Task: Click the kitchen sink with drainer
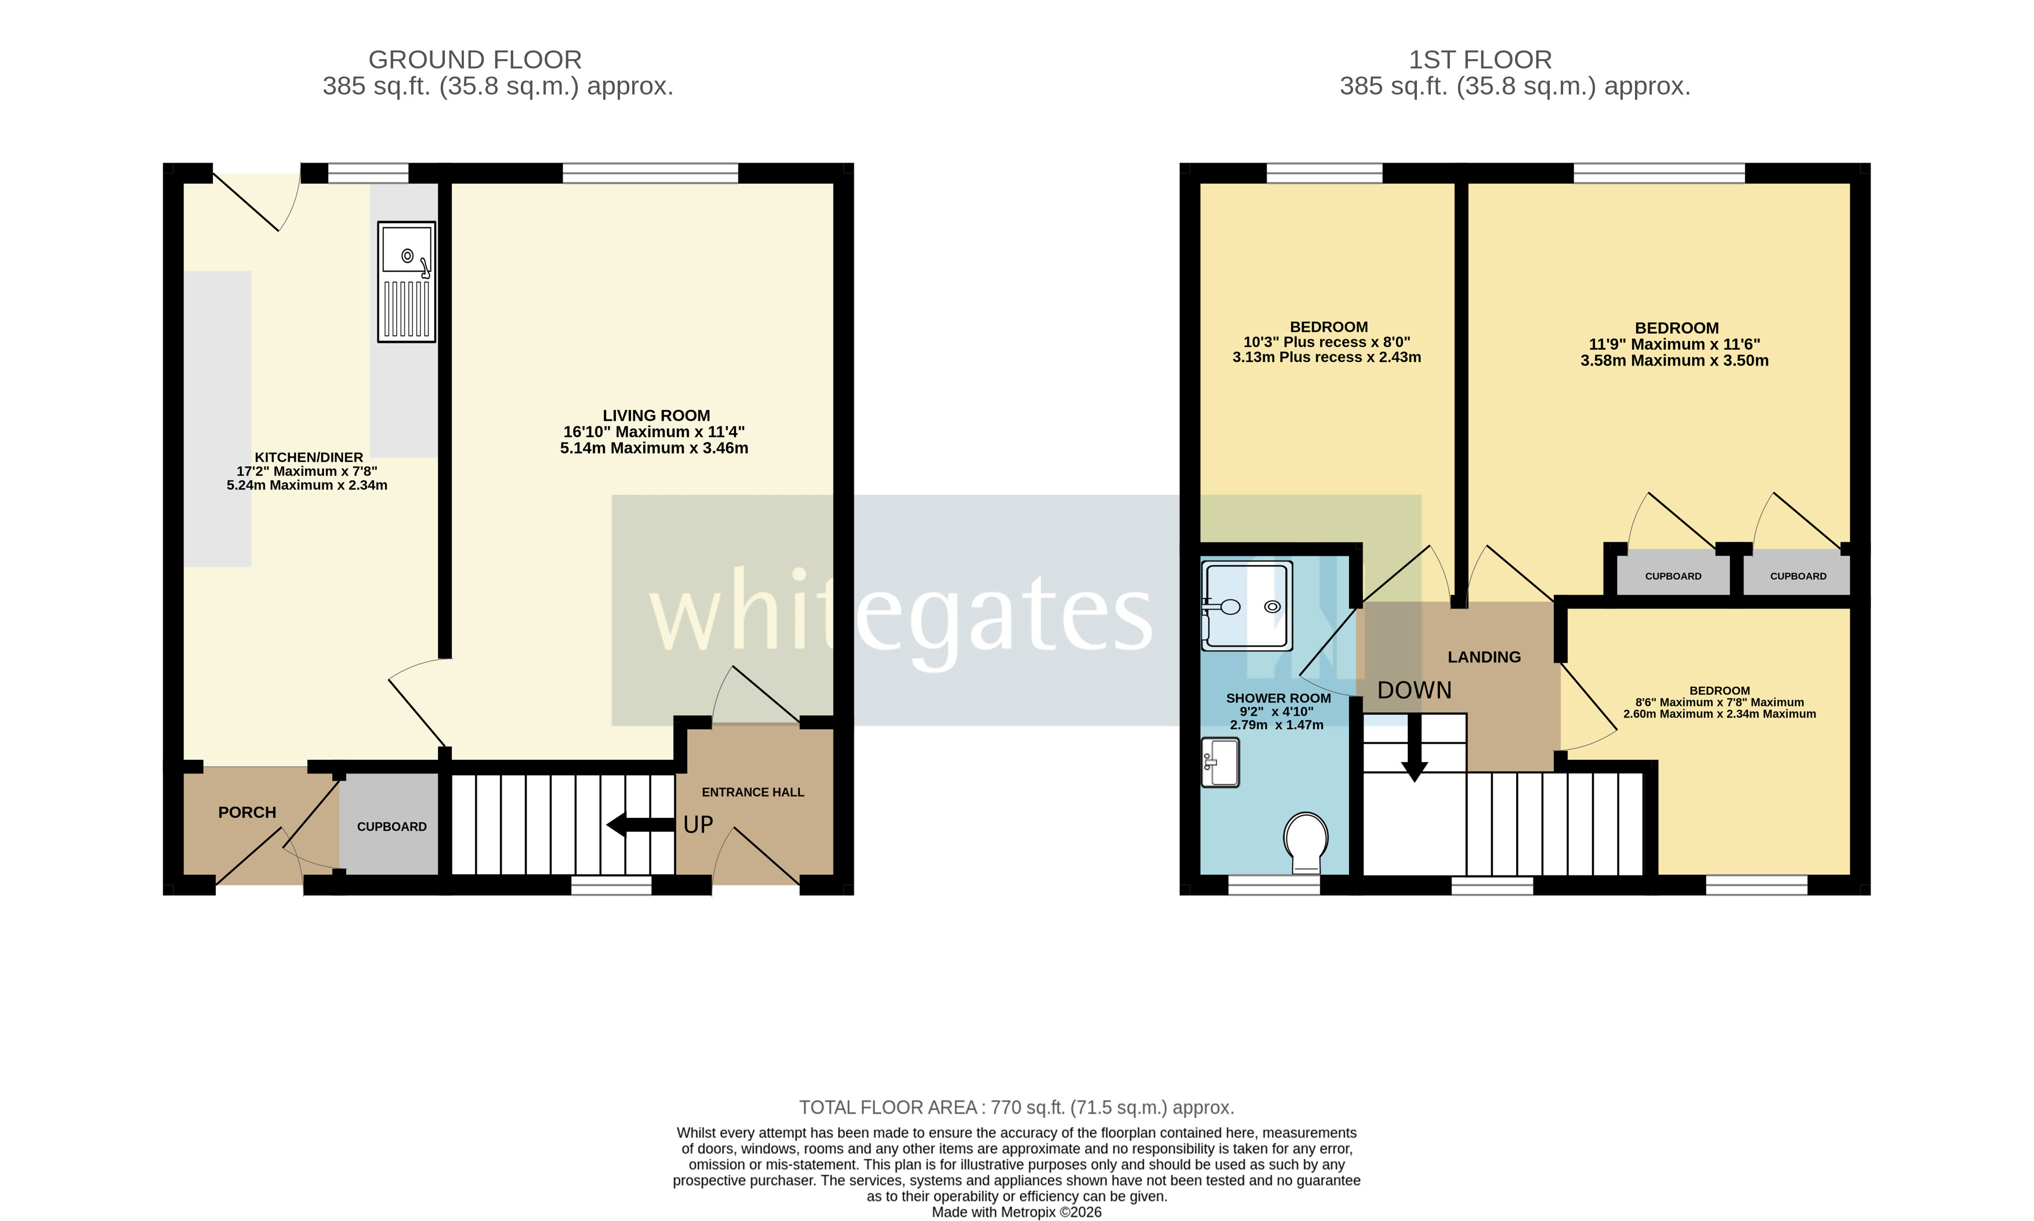click(407, 281)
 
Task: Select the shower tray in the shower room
click(1247, 606)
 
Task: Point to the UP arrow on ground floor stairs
click(640, 824)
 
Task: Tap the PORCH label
click(246, 812)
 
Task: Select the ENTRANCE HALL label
click(753, 792)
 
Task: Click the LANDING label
click(1484, 657)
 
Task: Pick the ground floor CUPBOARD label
click(391, 826)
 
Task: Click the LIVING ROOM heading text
click(655, 415)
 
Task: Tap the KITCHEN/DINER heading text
click(309, 456)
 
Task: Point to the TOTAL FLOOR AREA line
click(1017, 1107)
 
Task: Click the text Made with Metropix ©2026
click(1017, 1212)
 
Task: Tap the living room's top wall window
click(650, 173)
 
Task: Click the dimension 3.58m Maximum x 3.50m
click(1674, 360)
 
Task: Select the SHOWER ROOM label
click(1278, 698)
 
